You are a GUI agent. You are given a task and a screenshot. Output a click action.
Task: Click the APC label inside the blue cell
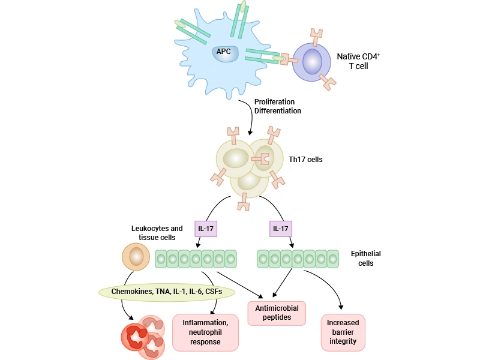pos(223,51)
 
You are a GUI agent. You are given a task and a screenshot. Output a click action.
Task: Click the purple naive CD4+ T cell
pos(312,62)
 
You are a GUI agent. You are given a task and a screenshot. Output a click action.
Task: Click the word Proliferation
pos(274,102)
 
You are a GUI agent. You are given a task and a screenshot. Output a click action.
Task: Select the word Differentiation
pos(277,111)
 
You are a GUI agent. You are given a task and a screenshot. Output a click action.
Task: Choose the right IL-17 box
pos(281,229)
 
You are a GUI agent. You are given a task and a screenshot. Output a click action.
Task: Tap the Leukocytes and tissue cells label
pos(157,233)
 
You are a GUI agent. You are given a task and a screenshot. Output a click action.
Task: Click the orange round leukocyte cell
pos(136,257)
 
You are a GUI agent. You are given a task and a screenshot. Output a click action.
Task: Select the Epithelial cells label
pos(365,258)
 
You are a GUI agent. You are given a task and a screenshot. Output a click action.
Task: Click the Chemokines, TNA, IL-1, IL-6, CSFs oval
pos(166,292)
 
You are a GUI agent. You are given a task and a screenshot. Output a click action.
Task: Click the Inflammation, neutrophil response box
pos(205,332)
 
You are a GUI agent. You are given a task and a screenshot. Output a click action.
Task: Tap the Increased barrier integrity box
pos(343,332)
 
